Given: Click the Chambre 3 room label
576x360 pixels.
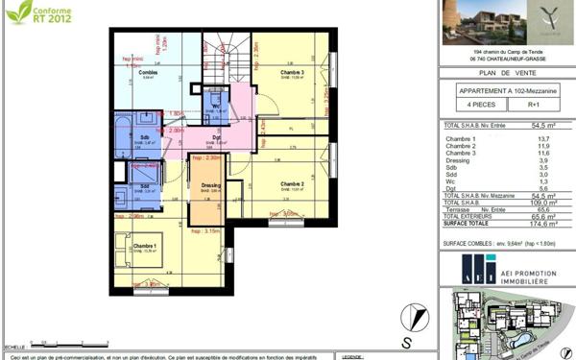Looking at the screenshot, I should [293, 73].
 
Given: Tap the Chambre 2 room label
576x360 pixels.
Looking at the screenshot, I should [292, 183].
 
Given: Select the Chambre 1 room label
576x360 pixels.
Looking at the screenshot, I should [136, 250].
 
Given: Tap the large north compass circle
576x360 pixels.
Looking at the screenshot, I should [410, 313].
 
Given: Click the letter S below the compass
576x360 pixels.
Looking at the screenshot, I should [408, 341].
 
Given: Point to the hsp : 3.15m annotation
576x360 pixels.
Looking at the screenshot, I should [206, 231].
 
